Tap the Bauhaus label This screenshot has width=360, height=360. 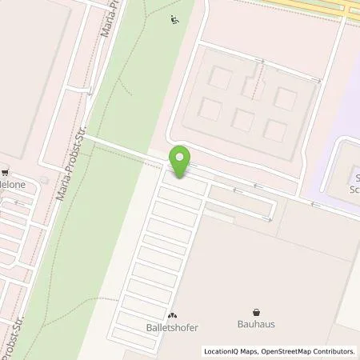pyautogui.click(x=256, y=326)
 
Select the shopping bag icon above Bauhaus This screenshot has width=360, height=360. pyautogui.click(x=256, y=313)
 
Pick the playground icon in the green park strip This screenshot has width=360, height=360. pyautogui.click(x=175, y=21)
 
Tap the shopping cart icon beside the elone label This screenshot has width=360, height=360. pyautogui.click(x=6, y=171)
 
